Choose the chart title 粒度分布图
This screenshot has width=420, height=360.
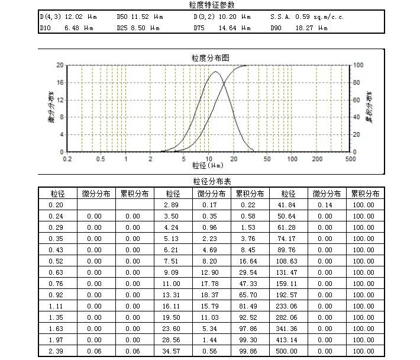210,58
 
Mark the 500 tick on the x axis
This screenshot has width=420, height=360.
350,159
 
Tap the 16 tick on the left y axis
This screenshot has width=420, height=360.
60,83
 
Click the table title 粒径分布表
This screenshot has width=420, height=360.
210,181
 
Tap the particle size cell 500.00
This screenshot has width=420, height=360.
288,351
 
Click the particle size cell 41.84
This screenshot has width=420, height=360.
288,205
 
